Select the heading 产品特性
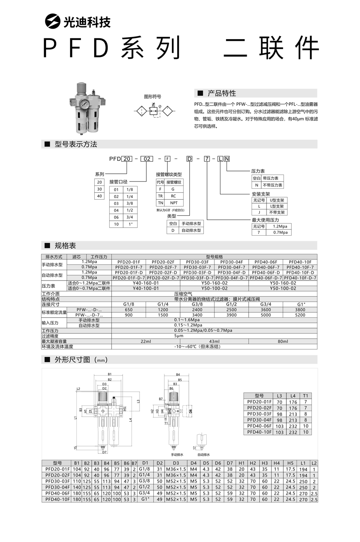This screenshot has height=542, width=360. [221, 93]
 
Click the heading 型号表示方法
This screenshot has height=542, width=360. [76, 144]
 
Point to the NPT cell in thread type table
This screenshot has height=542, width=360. [174, 203]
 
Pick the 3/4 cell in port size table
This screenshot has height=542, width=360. [129, 217]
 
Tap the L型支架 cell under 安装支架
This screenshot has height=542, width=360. [277, 206]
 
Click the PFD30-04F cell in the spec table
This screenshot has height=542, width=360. [231, 262]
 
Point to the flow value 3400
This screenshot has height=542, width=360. [197, 315]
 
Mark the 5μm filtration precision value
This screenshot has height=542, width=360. [179, 336]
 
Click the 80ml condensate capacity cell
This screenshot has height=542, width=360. [283, 341]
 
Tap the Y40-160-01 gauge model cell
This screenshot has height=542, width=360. [146, 283]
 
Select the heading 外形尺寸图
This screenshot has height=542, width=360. [76, 359]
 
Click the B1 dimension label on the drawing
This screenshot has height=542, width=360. [110, 374]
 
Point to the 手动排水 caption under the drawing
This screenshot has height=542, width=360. [177, 454]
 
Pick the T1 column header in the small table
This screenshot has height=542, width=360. [305, 396]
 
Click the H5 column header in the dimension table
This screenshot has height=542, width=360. [290, 463]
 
